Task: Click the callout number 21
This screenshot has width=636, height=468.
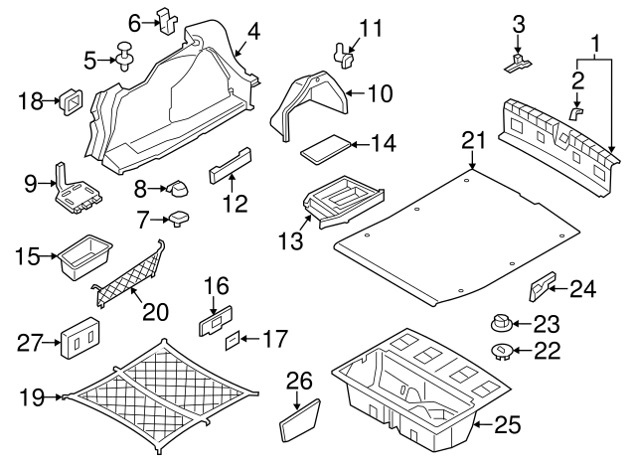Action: tap(473, 142)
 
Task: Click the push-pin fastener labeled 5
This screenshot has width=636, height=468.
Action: tap(126, 57)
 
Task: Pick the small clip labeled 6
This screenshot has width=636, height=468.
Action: tap(166, 20)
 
